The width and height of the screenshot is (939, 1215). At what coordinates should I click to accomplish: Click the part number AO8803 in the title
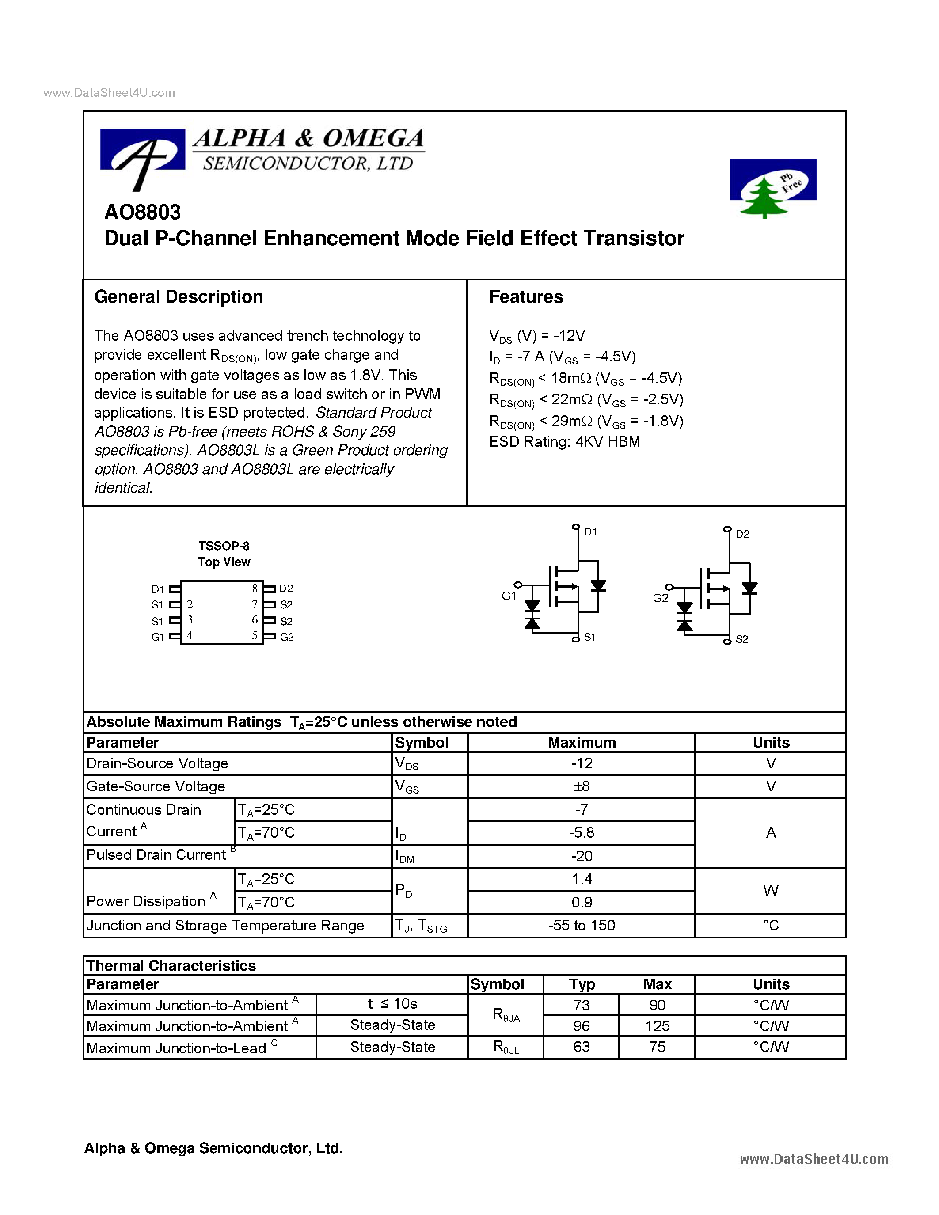[142, 212]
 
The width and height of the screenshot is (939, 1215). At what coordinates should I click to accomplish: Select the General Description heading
[179, 297]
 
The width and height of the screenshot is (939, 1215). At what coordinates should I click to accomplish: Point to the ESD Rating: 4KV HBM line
[564, 442]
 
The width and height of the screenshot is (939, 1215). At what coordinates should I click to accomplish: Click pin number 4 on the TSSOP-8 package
[190, 635]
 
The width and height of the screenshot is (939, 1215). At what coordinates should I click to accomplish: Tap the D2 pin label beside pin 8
[286, 589]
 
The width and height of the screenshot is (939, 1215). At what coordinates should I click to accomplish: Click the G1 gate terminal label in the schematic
[509, 596]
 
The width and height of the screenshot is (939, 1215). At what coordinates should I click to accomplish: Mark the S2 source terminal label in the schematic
[741, 639]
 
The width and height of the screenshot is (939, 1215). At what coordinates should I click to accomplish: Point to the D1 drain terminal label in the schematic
[590, 532]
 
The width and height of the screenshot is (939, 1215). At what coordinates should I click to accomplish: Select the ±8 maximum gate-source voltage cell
[582, 786]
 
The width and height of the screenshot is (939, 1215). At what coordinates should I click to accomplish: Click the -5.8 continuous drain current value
[582, 833]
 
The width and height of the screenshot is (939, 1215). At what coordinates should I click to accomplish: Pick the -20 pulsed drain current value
[582, 856]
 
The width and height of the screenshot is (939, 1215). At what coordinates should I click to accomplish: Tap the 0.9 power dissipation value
[582, 902]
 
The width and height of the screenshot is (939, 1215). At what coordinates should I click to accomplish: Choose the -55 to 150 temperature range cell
[582, 926]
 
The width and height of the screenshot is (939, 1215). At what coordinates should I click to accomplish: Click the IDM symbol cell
[405, 857]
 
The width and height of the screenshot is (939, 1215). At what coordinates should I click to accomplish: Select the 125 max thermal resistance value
[657, 1026]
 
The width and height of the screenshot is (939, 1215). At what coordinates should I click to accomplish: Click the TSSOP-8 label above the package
[224, 546]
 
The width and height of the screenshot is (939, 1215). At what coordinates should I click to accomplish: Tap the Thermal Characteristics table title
[171, 966]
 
